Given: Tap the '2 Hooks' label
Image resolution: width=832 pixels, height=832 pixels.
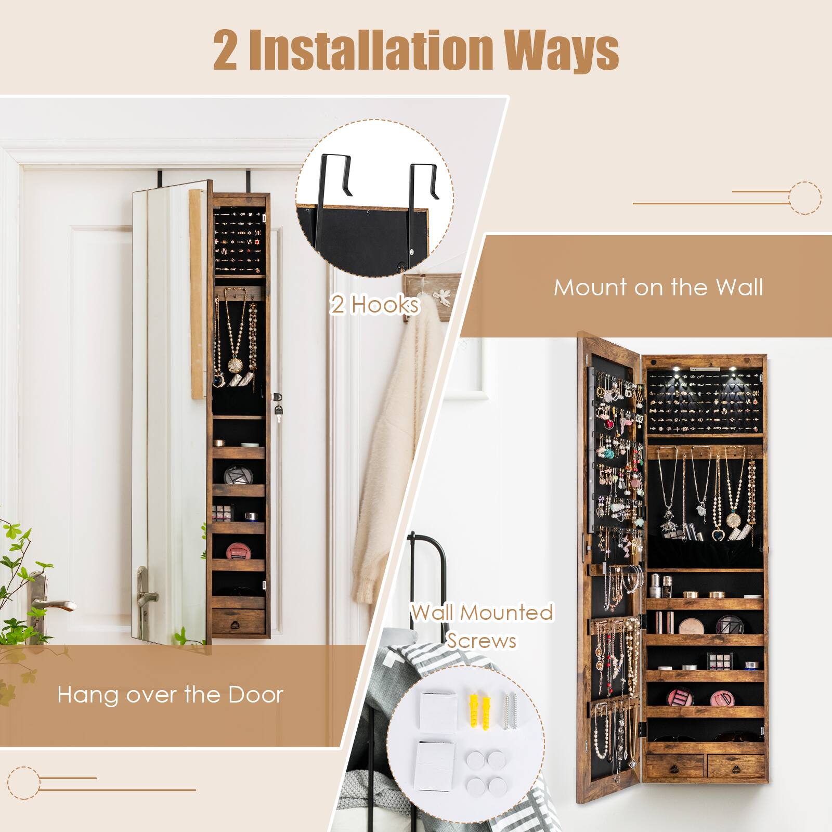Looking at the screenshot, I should click(x=375, y=305).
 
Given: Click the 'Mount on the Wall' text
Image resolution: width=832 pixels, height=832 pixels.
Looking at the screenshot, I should click(x=658, y=287).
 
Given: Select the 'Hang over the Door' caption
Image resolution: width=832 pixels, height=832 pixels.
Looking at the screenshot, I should click(x=170, y=694).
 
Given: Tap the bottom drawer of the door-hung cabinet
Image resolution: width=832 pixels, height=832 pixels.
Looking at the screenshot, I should click(x=238, y=621).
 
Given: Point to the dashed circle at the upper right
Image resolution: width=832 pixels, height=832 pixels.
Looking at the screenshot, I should click(x=805, y=198).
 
